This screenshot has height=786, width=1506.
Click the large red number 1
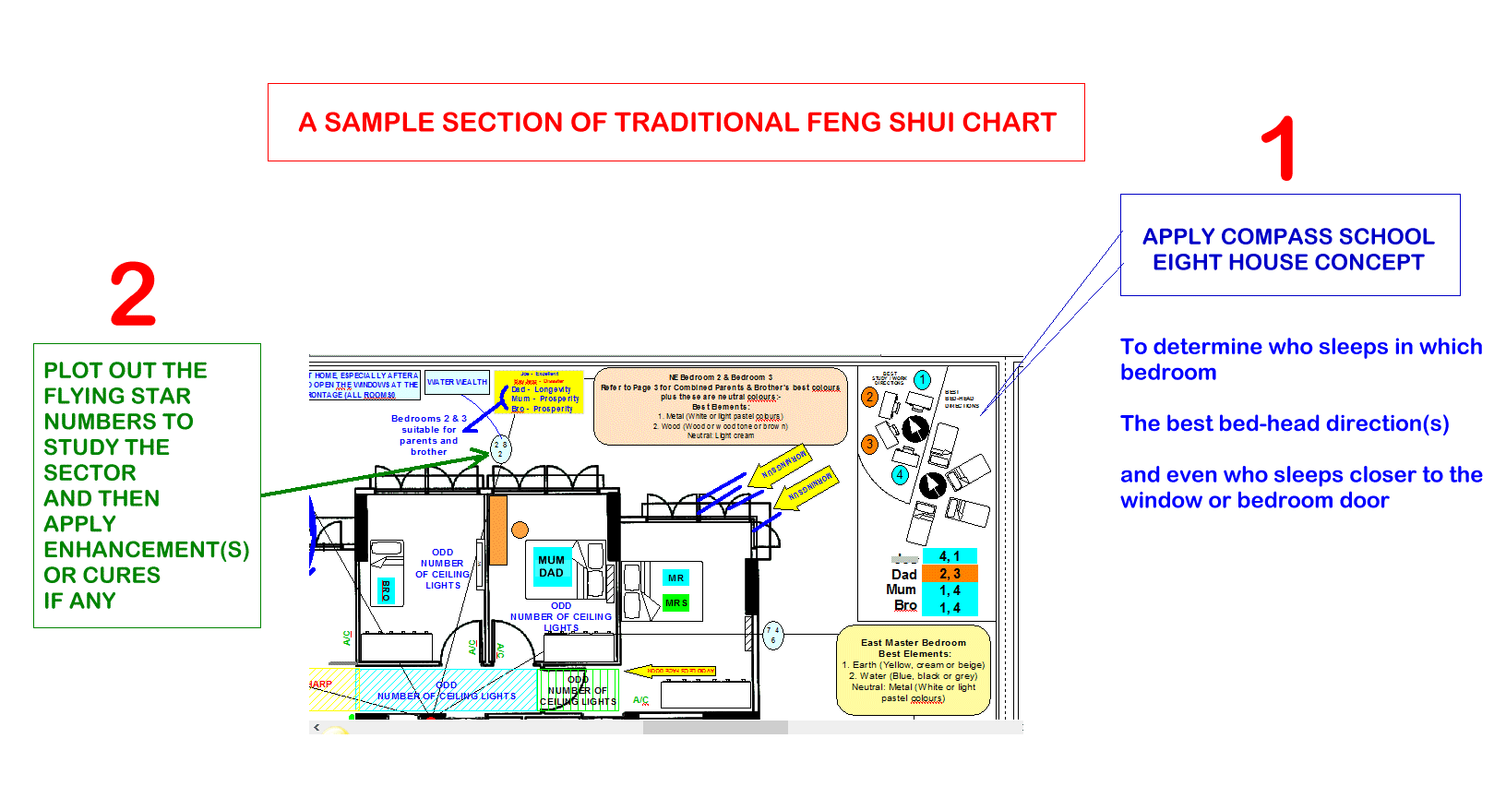pyautogui.click(x=1280, y=149)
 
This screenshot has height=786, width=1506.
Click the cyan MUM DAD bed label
pyautogui.click(x=551, y=566)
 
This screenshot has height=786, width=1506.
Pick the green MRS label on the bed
pyautogui.click(x=676, y=602)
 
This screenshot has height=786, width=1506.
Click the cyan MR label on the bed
pyautogui.click(x=676, y=578)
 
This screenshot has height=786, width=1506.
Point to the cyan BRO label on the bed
pyautogui.click(x=386, y=590)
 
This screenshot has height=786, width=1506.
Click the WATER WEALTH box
pyautogui.click(x=457, y=382)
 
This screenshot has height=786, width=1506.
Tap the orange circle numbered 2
pyautogui.click(x=869, y=398)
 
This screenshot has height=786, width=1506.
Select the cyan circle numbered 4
pyautogui.click(x=900, y=475)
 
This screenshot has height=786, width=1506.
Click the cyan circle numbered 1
pyautogui.click(x=922, y=379)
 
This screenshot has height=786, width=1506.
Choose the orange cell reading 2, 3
pyautogui.click(x=950, y=574)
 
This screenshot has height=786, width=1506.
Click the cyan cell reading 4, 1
pyautogui.click(x=950, y=556)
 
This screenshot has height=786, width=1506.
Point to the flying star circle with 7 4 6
pyautogui.click(x=773, y=635)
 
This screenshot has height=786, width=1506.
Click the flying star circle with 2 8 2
pyautogui.click(x=500, y=449)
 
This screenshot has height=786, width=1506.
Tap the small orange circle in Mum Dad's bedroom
pyautogui.click(x=520, y=530)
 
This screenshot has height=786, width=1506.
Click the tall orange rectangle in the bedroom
pyautogui.click(x=498, y=530)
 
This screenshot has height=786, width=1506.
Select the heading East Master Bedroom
pyautogui.click(x=913, y=643)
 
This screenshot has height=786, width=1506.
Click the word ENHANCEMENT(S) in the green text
pyautogui.click(x=146, y=550)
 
